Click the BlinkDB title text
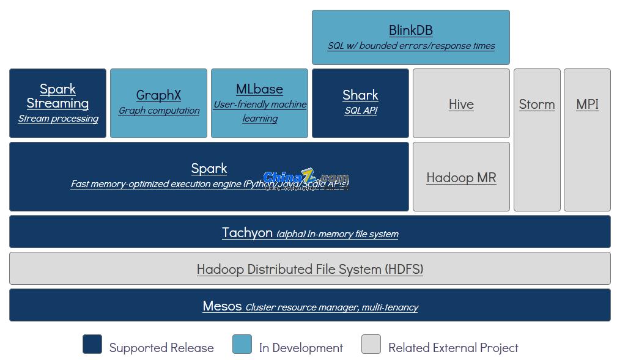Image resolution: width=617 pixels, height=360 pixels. pos(410,30)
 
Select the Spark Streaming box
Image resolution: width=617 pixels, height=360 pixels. pos(57,103)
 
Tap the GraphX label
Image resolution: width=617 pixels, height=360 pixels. pos(158,95)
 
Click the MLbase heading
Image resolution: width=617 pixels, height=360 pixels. pos(259,89)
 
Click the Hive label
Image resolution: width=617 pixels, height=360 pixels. pos(461,104)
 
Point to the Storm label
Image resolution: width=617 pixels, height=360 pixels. pos(537,104)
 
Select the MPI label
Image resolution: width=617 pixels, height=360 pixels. pos(587,104)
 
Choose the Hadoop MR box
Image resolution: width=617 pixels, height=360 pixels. pos(461,177)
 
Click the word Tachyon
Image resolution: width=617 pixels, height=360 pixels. pos(247,232)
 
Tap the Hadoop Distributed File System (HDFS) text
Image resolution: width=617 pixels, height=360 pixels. pos(310,269)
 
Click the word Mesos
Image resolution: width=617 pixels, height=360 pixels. pos(222,306)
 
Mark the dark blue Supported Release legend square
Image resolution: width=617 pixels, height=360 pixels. pos(92,344)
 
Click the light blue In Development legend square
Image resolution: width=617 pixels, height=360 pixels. pos(242,344)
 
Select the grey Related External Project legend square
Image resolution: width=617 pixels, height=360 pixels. pos(371,344)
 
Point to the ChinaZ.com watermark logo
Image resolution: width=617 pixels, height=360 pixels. pos(306,178)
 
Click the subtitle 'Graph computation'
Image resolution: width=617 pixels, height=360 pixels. pos(159,111)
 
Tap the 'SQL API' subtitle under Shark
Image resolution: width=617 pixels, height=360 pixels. pos(360,111)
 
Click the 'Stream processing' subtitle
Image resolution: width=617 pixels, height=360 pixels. pos(58,119)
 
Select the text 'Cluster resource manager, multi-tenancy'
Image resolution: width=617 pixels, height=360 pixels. pos(331,307)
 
